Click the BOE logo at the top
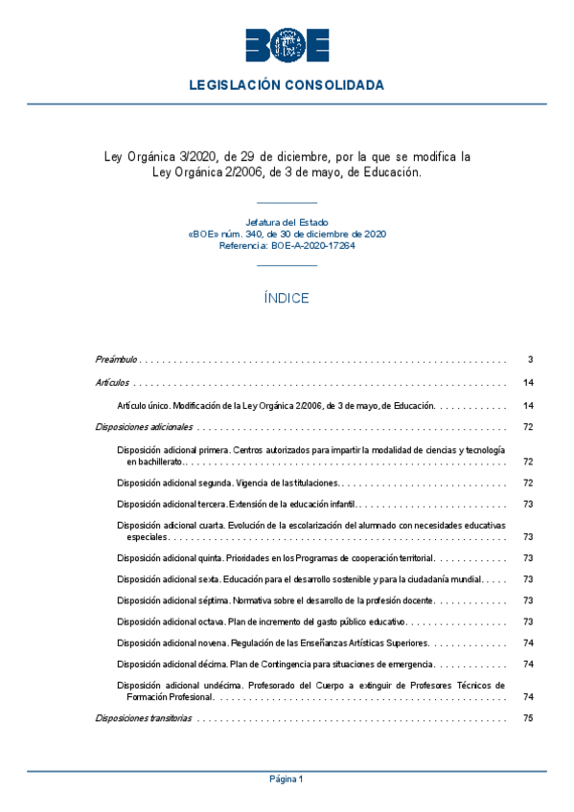(287, 45)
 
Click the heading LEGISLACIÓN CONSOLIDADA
(287, 85)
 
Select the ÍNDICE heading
(287, 298)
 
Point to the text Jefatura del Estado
(287, 222)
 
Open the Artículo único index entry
(275, 405)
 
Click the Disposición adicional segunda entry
(228, 483)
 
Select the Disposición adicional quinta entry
(275, 557)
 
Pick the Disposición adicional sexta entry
(297, 580)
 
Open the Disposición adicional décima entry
(275, 664)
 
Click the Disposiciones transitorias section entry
(144, 718)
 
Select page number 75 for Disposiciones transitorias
(528, 718)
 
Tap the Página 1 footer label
(287, 779)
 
